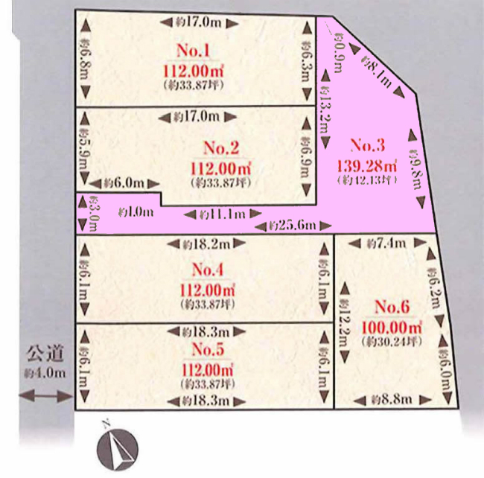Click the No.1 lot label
click(192, 51)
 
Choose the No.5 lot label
click(208, 349)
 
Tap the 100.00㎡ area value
click(392, 326)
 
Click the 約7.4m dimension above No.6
click(387, 243)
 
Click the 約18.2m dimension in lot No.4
click(205, 243)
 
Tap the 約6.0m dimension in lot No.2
click(123, 182)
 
